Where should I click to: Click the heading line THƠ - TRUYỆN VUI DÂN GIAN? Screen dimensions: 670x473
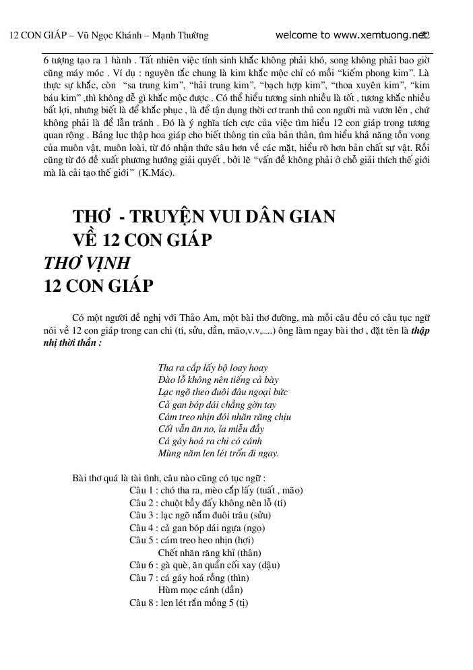tap(203, 217)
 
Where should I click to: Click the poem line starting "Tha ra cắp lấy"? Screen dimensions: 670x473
tap(212, 368)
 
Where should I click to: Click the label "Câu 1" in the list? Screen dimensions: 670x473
tap(143, 491)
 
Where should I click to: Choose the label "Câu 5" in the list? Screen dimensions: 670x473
tap(143, 540)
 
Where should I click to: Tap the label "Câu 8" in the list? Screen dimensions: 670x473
tap(143, 603)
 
